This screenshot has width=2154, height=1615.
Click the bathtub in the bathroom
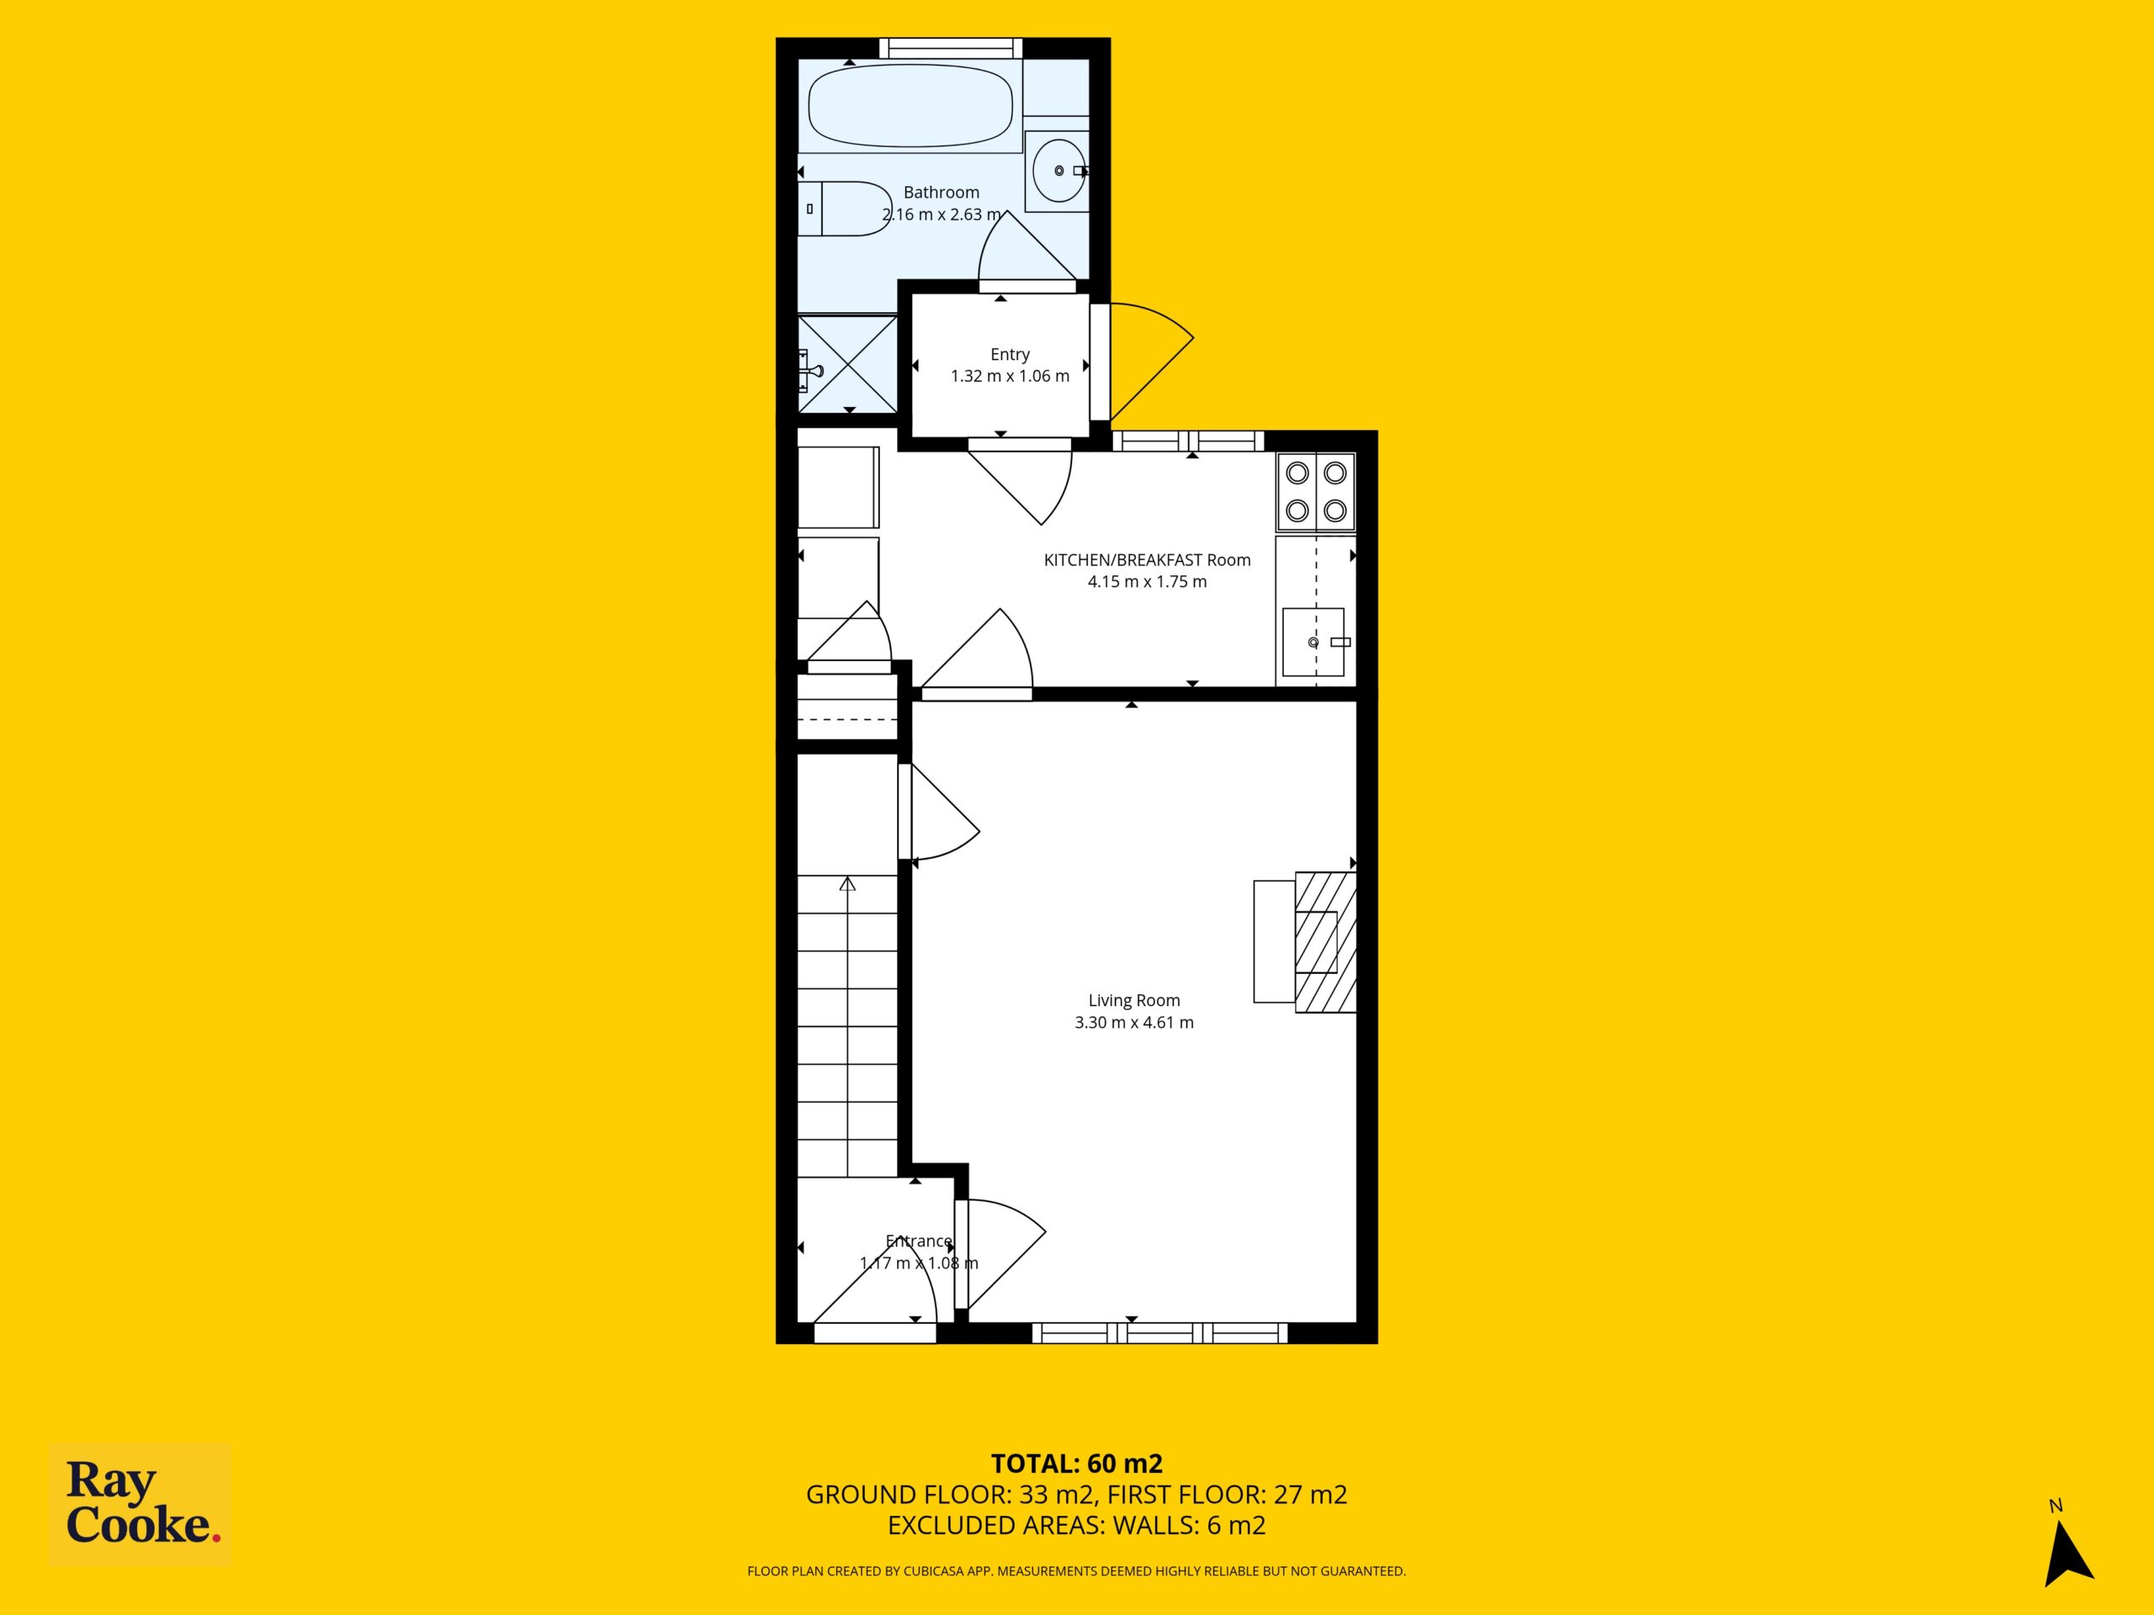point(910,106)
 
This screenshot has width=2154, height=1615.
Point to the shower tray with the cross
point(847,364)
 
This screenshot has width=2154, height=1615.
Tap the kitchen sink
point(1313,643)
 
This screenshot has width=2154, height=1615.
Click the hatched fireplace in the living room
point(1325,941)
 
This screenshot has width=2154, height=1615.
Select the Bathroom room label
point(941,193)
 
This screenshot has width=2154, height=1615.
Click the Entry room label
point(1010,354)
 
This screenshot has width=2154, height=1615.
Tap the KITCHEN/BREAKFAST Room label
point(1147,559)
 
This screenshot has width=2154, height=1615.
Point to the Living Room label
point(1133,1000)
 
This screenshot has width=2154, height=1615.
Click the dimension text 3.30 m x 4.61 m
point(1133,1022)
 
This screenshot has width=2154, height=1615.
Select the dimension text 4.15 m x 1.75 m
point(1147,582)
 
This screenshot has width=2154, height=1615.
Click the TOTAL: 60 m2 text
point(1077,1491)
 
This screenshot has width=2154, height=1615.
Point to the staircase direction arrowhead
point(847,884)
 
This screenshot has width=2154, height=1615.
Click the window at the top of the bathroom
point(951,49)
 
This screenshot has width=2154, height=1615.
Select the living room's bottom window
point(1159,1332)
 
